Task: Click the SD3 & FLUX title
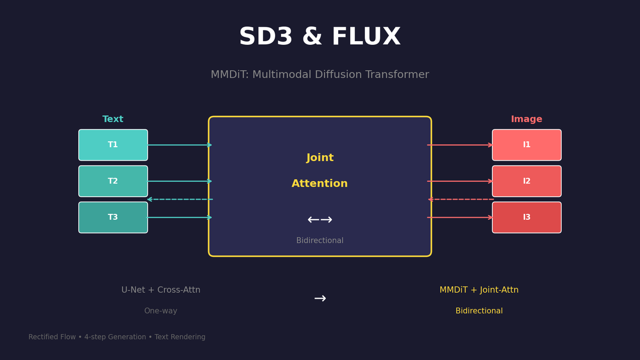tap(319, 37)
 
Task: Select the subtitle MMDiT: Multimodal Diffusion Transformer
tap(319, 75)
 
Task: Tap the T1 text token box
tap(113, 145)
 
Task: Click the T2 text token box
tap(113, 181)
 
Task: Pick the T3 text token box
tap(113, 218)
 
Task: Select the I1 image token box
tap(526, 145)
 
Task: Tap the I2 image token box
tap(526, 181)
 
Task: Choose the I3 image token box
tap(526, 218)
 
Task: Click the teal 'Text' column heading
tap(113, 119)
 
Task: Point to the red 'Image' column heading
tap(526, 119)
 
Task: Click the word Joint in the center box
tap(319, 158)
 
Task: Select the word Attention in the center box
tap(319, 183)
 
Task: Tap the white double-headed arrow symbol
tap(319, 220)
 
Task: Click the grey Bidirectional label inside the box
tap(319, 241)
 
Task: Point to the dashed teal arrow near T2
tap(180, 199)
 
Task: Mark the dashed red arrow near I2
tap(461, 199)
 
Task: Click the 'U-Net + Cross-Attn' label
tap(161, 290)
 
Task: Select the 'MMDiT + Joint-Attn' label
tap(479, 290)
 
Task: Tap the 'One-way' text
tap(161, 311)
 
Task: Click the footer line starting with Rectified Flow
tap(117, 337)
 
